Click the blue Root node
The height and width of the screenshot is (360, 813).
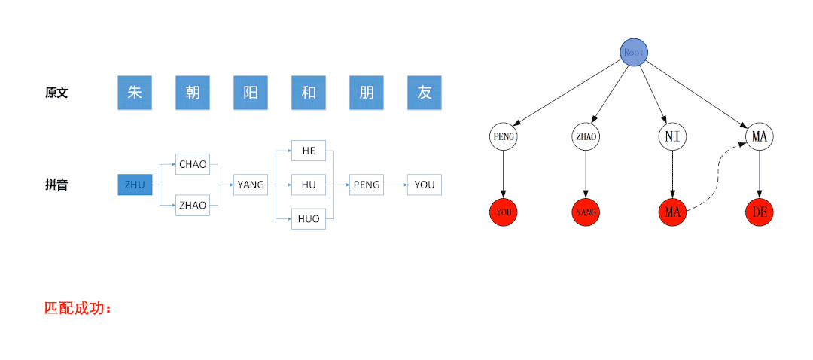click(634, 52)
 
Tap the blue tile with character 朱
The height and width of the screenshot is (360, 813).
click(135, 93)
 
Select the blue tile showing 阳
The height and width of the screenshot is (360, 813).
click(251, 93)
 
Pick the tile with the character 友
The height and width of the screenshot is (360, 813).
click(425, 93)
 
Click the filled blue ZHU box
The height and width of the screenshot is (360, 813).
click(135, 185)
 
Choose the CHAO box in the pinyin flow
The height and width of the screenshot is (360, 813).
click(193, 164)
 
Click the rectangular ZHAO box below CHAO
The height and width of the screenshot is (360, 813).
click(193, 205)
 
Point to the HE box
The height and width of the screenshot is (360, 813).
click(309, 151)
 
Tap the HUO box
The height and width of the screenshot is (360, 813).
click(309, 219)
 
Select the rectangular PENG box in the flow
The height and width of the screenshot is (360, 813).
click(367, 185)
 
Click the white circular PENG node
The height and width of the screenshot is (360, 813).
click(504, 136)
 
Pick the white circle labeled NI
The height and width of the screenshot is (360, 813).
click(673, 136)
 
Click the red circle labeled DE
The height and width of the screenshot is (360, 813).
click(760, 212)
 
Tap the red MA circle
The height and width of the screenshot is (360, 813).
click(673, 212)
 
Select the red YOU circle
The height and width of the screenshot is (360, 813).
click(504, 212)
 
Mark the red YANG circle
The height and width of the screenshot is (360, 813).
click(586, 212)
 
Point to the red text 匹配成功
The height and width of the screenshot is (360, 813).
click(78, 308)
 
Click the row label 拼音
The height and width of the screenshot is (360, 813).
click(56, 185)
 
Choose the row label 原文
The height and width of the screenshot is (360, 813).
click(56, 93)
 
